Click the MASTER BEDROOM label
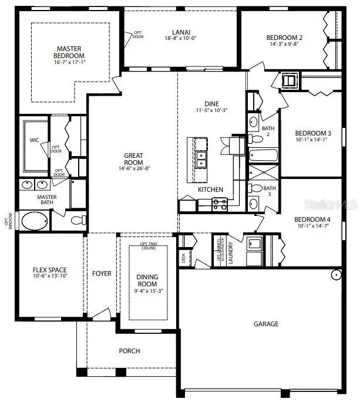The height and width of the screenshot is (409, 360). pos(69,52)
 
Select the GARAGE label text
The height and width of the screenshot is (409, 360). pos(266,324)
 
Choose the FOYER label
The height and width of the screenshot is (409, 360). pos(102,273)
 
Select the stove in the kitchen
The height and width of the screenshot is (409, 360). pos(219,204)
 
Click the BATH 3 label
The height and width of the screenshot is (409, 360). pos(268,191)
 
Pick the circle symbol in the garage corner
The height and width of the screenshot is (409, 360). pos(336,274)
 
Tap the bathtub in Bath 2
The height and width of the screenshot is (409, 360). pos(262,156)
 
